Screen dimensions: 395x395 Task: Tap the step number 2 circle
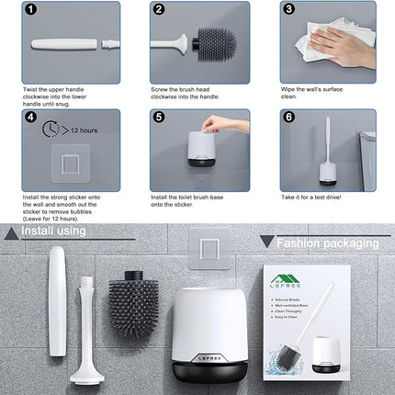click(x=158, y=11)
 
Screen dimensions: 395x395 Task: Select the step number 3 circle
click(x=288, y=11)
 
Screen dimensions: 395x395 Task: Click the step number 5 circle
click(x=158, y=118)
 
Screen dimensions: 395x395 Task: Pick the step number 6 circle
click(x=288, y=118)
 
